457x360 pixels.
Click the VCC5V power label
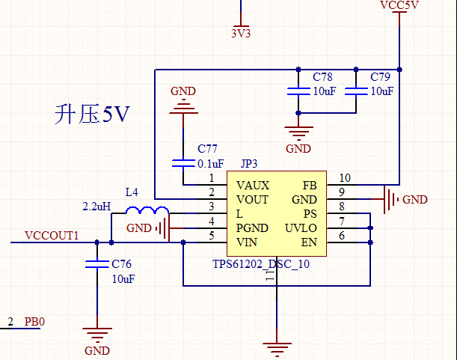point(399,6)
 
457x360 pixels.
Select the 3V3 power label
point(241,33)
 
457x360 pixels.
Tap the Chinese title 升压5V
point(93,114)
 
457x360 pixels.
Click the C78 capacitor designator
point(322,78)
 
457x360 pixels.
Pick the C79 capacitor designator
point(380,78)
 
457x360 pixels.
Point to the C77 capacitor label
point(208,150)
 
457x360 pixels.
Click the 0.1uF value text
point(210,164)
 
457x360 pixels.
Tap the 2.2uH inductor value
point(96,206)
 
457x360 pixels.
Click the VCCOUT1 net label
point(52,236)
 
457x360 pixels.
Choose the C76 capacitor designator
point(122,264)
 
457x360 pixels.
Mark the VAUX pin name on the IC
point(252,185)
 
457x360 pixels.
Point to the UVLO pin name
point(301,228)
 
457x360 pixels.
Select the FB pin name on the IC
point(309,185)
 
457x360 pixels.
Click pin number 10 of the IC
point(344,178)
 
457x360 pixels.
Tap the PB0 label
point(34,322)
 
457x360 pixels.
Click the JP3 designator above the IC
point(249,164)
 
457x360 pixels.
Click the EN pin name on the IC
point(308,242)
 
